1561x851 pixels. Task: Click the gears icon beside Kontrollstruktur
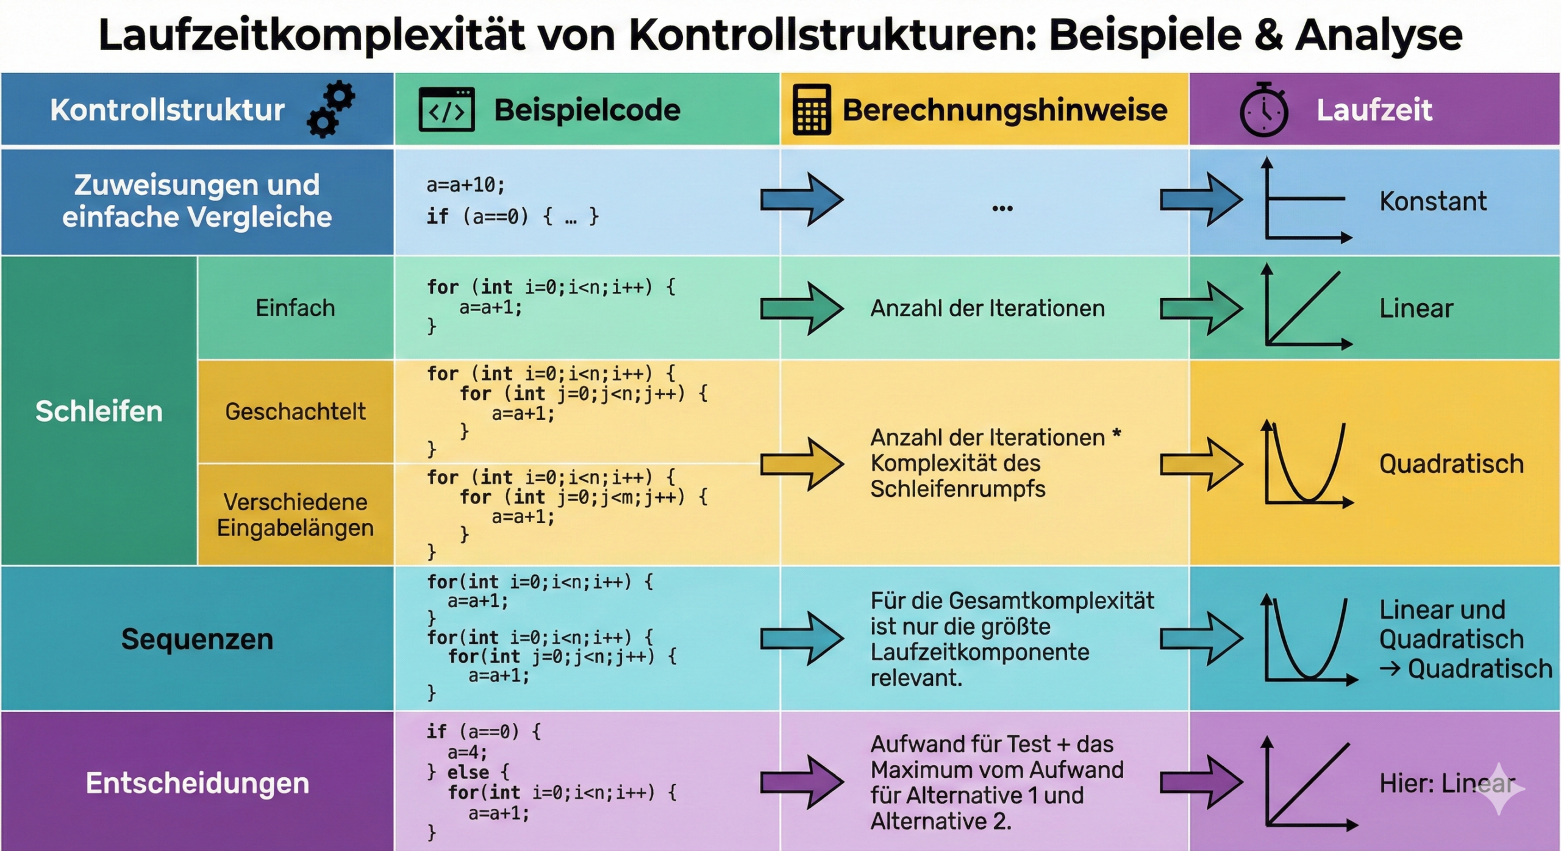(332, 110)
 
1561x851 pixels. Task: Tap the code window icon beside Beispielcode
(446, 110)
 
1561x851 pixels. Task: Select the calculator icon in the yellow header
(811, 110)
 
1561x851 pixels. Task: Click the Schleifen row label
(99, 411)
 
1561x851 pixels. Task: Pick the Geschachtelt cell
(295, 411)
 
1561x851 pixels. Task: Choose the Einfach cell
(295, 308)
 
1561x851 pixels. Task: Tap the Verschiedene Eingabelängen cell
(295, 515)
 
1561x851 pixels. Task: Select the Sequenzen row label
(197, 639)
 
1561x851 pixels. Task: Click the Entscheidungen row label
(197, 783)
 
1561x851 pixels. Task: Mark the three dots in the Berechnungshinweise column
(1002, 208)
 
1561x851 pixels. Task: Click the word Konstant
(1433, 201)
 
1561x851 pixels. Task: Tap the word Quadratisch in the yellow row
(1451, 464)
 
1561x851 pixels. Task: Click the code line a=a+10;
(465, 184)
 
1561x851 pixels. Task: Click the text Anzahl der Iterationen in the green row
(987, 308)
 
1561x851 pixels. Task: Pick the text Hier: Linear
(1447, 783)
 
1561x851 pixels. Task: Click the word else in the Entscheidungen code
(468, 772)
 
